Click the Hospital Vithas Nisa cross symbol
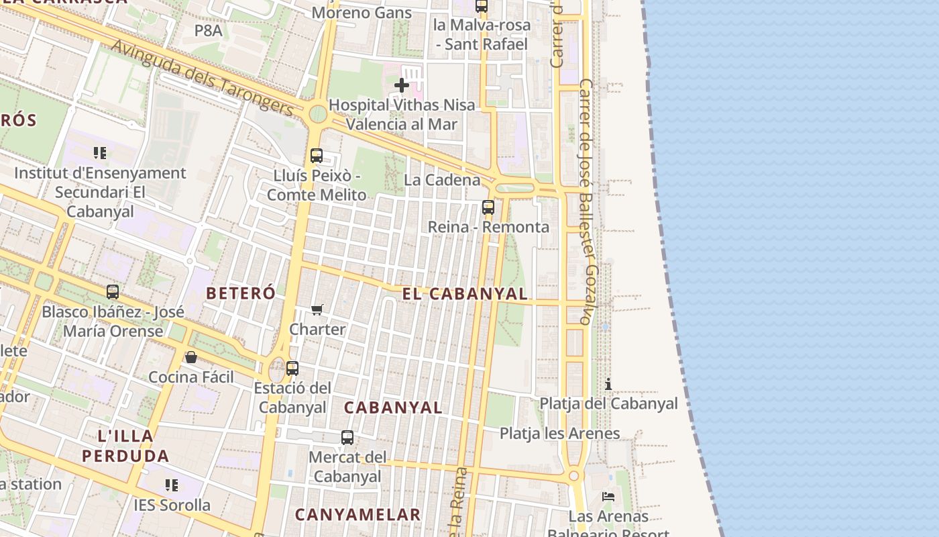[402, 85]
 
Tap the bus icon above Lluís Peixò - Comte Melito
[317, 156]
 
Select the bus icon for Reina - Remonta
[488, 207]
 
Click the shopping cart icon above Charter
[317, 309]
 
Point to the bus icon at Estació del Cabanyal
[292, 369]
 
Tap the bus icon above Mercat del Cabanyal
[347, 438]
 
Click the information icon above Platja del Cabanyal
[608, 384]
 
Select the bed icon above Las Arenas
[608, 497]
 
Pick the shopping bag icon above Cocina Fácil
[191, 357]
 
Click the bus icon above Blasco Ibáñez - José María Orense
[113, 292]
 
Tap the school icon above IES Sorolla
[172, 485]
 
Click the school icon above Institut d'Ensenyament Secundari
[100, 153]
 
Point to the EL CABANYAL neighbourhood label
[465, 293]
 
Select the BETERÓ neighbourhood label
[241, 293]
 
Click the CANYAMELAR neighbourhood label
[358, 515]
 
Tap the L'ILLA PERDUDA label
[125, 446]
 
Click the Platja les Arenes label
[560, 433]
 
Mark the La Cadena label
[442, 180]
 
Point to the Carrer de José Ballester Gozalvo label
[586, 201]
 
